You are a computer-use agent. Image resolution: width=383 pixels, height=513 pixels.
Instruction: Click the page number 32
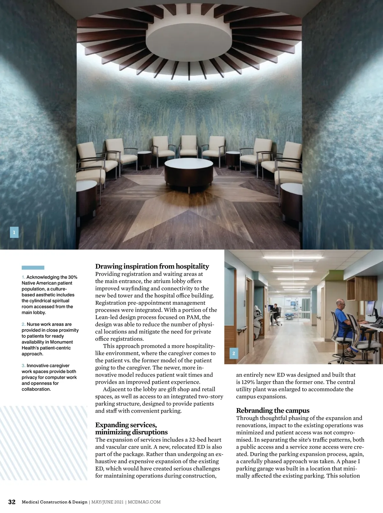(x=12, y=502)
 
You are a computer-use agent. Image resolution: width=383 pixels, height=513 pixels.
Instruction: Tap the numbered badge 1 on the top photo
(x=14, y=232)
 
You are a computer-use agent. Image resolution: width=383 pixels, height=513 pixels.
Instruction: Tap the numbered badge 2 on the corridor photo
(x=234, y=353)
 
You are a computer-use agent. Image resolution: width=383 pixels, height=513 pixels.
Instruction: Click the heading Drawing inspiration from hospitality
(x=152, y=266)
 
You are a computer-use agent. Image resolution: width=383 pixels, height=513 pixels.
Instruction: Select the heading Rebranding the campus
(x=273, y=410)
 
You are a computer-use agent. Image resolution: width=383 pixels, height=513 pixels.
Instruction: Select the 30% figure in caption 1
(x=72, y=277)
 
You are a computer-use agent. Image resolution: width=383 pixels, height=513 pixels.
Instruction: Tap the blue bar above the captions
(x=33, y=268)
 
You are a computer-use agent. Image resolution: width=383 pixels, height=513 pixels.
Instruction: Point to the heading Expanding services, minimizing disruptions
(x=131, y=428)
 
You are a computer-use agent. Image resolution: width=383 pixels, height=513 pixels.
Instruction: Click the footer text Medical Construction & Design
(x=54, y=502)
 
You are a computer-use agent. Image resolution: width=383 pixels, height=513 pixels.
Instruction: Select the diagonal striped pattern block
(x=43, y=443)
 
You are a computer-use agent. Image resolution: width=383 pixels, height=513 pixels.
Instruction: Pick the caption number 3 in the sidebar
(x=23, y=365)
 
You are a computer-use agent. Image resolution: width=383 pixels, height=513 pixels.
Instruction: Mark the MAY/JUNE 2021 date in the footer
(x=107, y=502)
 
